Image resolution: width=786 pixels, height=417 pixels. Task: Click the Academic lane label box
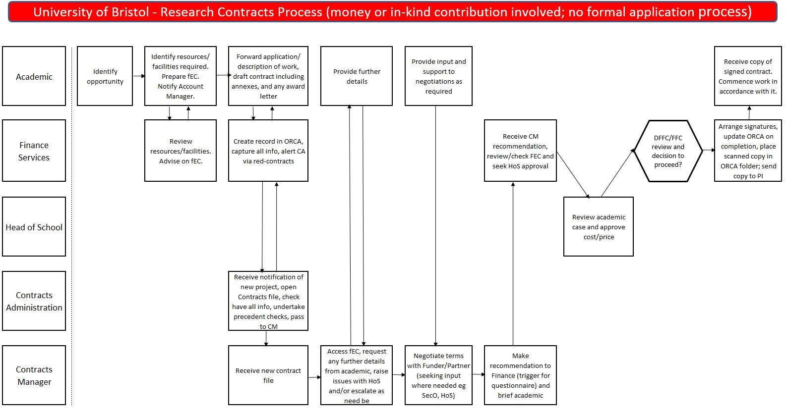(x=34, y=76)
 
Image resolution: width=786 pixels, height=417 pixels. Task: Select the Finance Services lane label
(x=34, y=151)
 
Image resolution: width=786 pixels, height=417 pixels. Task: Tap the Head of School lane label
(x=34, y=227)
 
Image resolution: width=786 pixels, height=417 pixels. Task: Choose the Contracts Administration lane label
(x=34, y=301)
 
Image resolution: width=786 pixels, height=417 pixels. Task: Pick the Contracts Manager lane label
(x=34, y=375)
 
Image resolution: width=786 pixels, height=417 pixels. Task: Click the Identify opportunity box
(x=105, y=76)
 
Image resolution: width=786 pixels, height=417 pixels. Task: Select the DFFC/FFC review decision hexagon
(x=667, y=151)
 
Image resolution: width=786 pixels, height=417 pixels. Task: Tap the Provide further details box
(x=357, y=76)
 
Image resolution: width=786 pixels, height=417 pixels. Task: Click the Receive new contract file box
(x=268, y=375)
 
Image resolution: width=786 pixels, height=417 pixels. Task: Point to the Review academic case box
(x=598, y=227)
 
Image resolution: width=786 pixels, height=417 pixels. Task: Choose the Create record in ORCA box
(x=268, y=151)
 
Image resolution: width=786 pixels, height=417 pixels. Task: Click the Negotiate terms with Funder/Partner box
(x=438, y=375)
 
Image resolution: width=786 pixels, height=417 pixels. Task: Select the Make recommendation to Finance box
(x=520, y=375)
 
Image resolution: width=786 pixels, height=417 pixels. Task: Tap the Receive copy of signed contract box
(x=748, y=76)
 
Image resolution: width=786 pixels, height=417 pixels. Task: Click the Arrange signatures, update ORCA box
(x=748, y=151)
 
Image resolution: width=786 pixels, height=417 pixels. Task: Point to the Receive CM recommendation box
(x=520, y=151)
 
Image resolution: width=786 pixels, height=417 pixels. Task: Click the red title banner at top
(x=392, y=12)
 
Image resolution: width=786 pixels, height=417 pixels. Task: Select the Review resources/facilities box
(x=181, y=151)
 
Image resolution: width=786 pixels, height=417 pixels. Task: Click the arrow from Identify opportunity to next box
(x=139, y=76)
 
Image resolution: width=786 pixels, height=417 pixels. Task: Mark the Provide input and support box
(x=438, y=76)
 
